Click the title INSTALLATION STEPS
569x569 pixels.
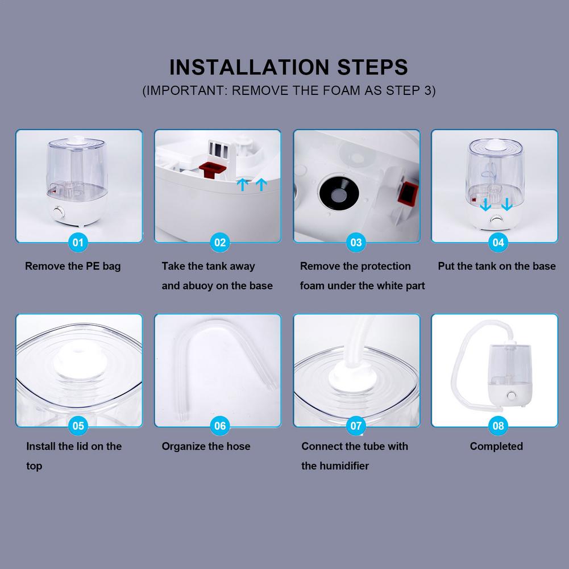click(289, 67)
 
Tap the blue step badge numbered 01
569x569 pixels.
click(78, 243)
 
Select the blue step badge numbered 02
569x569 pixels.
click(220, 243)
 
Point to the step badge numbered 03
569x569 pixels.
click(356, 243)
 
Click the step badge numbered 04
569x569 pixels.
click(498, 243)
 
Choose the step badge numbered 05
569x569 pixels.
click(78, 426)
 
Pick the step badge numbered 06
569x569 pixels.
click(220, 426)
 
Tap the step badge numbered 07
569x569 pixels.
click(356, 426)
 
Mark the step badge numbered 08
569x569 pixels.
click(498, 426)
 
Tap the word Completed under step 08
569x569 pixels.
click(496, 447)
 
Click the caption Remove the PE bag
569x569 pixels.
click(73, 266)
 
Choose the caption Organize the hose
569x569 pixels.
click(206, 447)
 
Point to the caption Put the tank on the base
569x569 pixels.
click(497, 266)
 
